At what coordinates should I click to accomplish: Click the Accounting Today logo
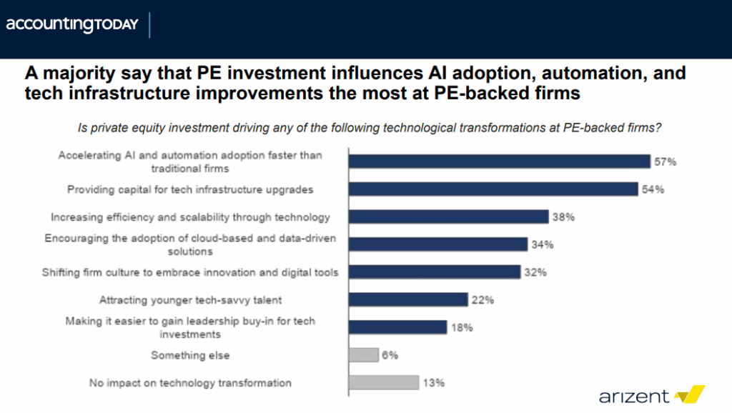(72, 24)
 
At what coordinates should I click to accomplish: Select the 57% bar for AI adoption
(498, 161)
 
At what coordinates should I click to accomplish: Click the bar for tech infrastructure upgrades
(493, 189)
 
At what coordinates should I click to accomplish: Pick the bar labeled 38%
(448, 217)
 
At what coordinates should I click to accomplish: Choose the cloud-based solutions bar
(437, 244)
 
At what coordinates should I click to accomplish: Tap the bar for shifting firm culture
(434, 272)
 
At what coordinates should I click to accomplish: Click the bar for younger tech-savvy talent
(407, 300)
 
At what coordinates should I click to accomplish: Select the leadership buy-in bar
(397, 327)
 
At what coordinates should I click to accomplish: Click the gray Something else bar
(363, 355)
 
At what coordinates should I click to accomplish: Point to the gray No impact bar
(383, 382)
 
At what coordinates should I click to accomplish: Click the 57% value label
(665, 161)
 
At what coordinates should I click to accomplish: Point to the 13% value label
(434, 382)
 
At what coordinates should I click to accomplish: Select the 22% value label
(483, 300)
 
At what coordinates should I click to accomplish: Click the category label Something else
(190, 355)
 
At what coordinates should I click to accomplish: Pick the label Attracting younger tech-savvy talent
(190, 300)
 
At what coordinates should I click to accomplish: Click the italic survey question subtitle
(369, 128)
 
